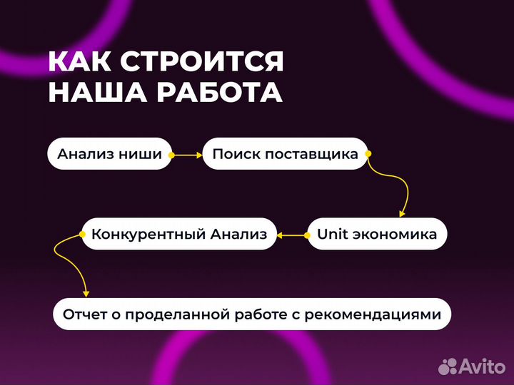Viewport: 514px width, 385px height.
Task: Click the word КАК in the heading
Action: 79,62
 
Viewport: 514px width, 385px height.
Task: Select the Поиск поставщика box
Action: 285,154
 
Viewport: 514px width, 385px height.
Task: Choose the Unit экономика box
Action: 377,234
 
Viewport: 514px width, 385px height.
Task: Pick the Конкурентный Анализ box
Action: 179,234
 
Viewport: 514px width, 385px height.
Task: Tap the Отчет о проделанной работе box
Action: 252,314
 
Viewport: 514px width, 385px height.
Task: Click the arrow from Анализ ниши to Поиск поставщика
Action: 187,154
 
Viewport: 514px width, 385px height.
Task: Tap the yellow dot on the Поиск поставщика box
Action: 367,153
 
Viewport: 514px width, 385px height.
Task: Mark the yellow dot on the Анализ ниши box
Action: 171,154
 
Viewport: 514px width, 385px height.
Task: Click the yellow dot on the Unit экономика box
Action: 308,234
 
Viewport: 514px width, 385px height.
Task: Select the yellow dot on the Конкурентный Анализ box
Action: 80,234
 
